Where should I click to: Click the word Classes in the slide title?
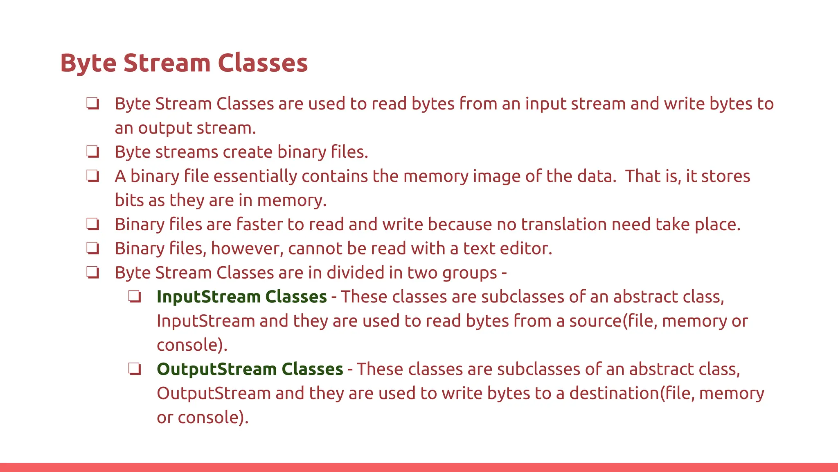[262, 63]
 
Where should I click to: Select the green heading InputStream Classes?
[241, 297]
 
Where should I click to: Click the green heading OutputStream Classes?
[250, 369]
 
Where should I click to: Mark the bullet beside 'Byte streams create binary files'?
[93, 152]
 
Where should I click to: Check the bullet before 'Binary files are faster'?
[93, 225]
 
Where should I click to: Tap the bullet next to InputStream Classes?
[135, 297]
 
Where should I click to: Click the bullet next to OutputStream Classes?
[135, 369]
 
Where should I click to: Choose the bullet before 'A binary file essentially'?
[93, 176]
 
